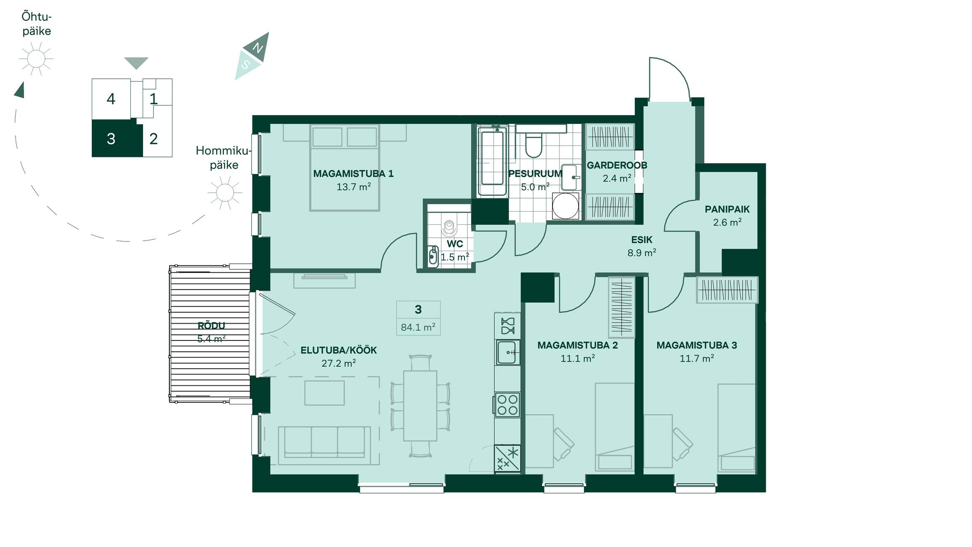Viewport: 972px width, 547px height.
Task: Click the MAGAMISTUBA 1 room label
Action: coord(353,173)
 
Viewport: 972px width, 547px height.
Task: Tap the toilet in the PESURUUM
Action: coord(534,141)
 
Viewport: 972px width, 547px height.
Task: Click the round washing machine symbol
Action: coord(566,206)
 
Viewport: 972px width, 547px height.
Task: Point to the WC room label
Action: coord(455,244)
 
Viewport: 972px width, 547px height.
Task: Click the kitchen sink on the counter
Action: coord(507,352)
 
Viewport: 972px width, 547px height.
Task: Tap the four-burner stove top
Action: coord(507,405)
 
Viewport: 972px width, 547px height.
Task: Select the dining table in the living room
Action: coord(420,406)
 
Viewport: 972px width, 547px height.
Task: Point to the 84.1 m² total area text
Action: coord(418,327)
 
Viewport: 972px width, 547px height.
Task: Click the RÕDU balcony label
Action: coord(211,325)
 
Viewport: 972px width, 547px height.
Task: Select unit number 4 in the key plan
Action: coord(111,99)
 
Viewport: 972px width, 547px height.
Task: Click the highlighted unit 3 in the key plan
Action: coord(117,138)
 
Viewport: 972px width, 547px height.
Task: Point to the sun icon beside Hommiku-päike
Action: coord(225,193)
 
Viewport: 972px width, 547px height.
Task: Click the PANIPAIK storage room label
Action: coord(727,209)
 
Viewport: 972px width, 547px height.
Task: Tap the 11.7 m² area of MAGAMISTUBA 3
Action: coord(697,358)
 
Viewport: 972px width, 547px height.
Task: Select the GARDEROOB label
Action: coord(617,165)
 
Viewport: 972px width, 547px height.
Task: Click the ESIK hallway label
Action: coord(642,240)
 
